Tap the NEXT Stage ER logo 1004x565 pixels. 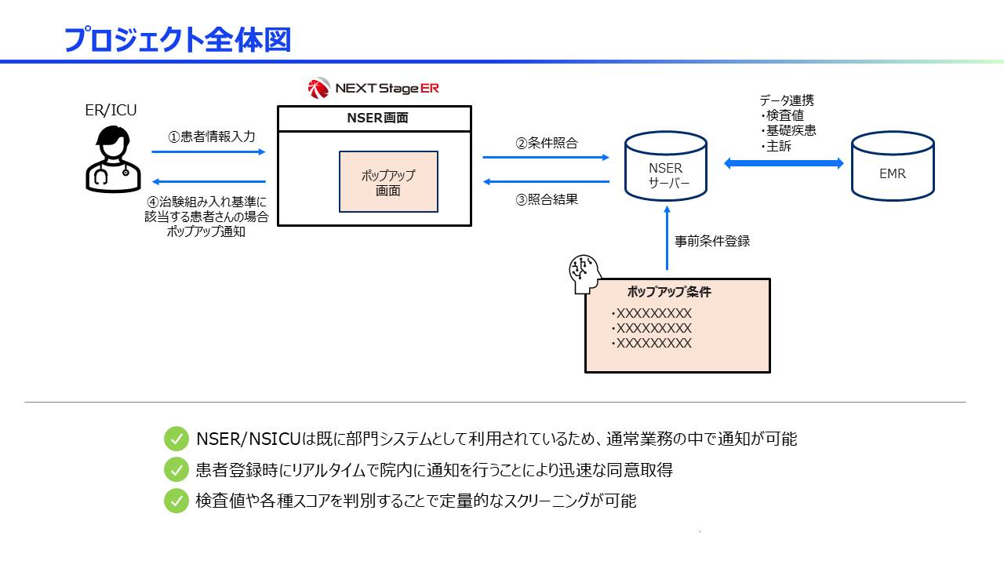pos(373,88)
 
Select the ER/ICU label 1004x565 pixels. pos(111,111)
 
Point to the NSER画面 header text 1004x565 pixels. pos(374,118)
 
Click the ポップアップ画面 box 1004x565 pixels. pos(388,182)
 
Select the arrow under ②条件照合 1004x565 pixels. pos(546,158)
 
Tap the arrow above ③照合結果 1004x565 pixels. pos(546,182)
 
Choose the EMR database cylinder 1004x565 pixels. pos(893,167)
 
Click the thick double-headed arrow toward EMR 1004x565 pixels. pos(783,163)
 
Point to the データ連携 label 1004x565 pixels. pos(786,100)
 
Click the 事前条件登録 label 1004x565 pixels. pos(712,241)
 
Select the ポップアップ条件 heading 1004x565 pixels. pos(668,292)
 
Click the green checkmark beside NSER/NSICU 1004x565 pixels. pos(176,439)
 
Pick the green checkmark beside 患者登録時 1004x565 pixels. pos(176,470)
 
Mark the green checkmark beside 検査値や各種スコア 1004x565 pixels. pos(176,501)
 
